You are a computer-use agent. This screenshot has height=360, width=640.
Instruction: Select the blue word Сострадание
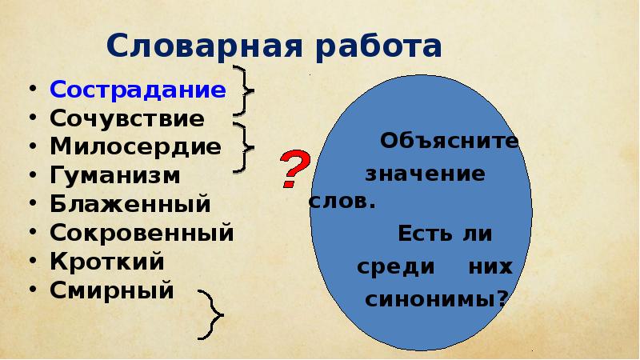[x=138, y=89]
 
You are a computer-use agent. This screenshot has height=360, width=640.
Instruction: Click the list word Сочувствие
[x=127, y=118]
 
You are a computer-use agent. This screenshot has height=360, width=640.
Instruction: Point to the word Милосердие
[x=135, y=147]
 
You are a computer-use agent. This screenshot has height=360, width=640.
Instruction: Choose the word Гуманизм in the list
[x=115, y=175]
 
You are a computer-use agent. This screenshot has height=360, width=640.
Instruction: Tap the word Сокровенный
[x=142, y=233]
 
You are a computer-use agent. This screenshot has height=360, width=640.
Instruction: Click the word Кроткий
[x=107, y=261]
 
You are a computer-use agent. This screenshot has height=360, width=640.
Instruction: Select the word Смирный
[x=112, y=290]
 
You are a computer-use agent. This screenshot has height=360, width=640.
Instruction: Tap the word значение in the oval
[x=425, y=173]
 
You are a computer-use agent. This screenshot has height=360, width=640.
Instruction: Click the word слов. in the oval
[x=342, y=202]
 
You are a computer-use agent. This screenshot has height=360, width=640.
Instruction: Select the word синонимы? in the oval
[x=437, y=299]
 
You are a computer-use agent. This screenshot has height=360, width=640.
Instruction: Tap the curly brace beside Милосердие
[x=245, y=146]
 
